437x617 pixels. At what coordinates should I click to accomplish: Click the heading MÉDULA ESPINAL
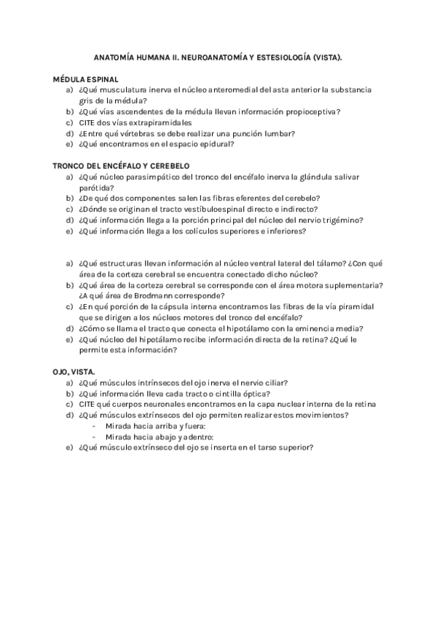pos(86,79)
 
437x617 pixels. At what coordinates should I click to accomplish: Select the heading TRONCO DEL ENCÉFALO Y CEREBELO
pos(121,166)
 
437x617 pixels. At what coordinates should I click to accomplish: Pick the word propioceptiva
pos(315,112)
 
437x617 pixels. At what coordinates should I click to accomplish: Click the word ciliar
pos(275,383)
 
